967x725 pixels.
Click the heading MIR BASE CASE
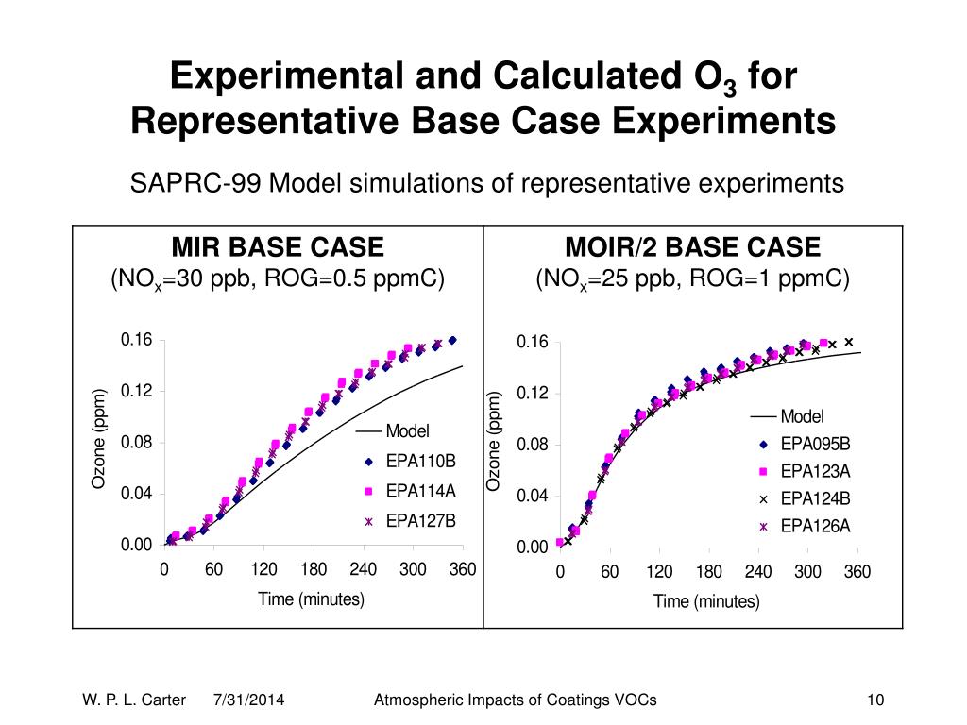click(x=277, y=248)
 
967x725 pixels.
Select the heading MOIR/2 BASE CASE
click(x=692, y=248)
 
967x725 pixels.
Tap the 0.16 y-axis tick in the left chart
click(x=136, y=340)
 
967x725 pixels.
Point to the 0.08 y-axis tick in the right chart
click(x=532, y=445)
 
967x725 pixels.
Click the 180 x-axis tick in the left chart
click(x=314, y=569)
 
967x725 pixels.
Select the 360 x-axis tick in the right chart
click(x=857, y=572)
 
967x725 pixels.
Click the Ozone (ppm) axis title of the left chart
click(x=97, y=439)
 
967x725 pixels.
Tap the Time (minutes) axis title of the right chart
click(x=706, y=601)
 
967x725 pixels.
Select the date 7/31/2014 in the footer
click(x=250, y=700)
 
